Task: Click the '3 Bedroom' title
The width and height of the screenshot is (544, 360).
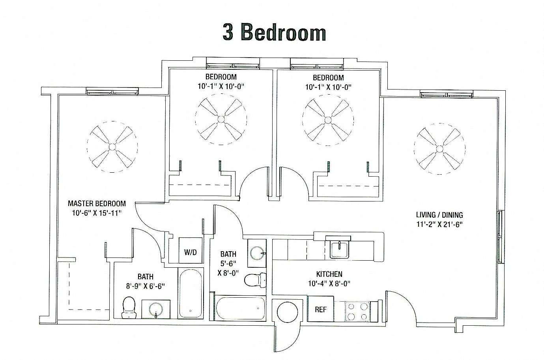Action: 274,32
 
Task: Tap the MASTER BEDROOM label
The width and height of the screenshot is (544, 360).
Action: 97,203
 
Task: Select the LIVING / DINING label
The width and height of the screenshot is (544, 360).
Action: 439,215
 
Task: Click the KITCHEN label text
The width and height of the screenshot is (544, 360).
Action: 329,274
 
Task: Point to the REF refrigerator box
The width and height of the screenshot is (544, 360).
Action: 321,310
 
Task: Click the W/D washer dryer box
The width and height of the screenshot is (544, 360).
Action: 190,252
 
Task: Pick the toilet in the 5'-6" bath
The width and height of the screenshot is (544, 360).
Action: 254,280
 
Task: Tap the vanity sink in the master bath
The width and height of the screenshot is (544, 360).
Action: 156,310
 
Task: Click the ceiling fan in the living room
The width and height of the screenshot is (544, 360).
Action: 439,147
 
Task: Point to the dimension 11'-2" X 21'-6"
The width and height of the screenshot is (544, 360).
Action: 439,224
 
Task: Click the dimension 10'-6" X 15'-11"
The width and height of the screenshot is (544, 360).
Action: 97,213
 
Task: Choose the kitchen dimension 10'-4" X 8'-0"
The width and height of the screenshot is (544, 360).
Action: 329,283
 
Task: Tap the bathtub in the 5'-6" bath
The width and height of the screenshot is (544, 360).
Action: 240,309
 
